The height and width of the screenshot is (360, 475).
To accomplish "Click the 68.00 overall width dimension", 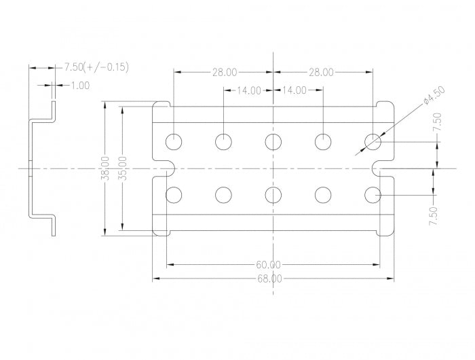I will (269, 278).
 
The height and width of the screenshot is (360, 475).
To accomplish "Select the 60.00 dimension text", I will (269, 264).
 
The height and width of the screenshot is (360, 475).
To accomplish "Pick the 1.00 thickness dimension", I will (80, 85).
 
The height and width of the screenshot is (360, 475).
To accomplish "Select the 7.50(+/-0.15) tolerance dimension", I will (96, 67).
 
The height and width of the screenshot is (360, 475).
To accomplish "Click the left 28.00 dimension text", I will (224, 71).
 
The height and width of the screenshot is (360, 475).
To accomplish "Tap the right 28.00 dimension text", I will (321, 71).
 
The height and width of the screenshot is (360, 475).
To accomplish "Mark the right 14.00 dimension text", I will (294, 90).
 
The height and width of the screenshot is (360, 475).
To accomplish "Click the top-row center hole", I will (273, 141).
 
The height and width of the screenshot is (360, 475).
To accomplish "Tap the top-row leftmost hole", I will (174, 141).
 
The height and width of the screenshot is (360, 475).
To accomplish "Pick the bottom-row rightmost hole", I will (372, 195).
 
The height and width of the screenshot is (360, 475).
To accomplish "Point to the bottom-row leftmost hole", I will (174, 195).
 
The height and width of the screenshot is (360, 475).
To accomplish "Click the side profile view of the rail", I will (41, 168).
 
